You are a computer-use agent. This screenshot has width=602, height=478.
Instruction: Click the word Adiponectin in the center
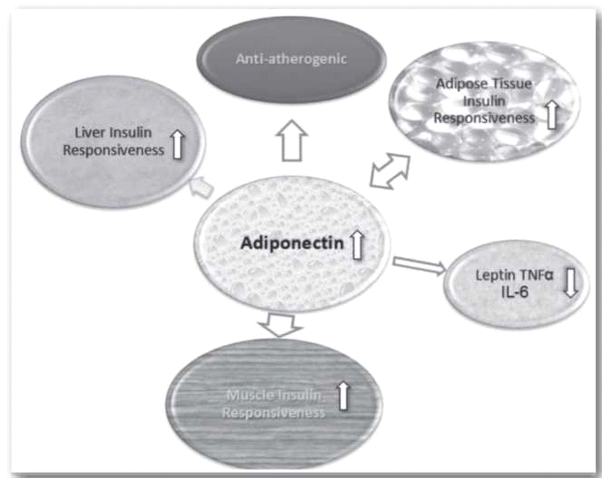pyautogui.click(x=289, y=244)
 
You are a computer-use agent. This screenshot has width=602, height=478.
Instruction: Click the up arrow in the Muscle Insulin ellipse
pyautogui.click(x=344, y=395)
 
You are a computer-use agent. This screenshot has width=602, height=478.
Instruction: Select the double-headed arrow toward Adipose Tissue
pyautogui.click(x=390, y=170)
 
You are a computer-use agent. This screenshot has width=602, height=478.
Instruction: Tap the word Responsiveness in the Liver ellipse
pyautogui.click(x=114, y=150)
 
